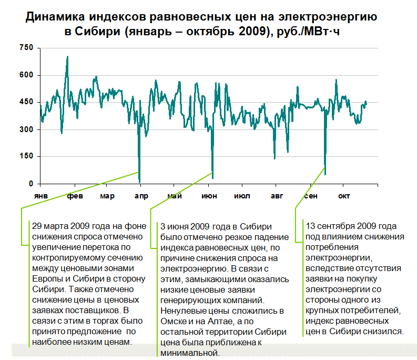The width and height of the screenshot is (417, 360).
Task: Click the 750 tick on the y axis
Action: (x=26, y=48)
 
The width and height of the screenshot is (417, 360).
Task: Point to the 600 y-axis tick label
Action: (x=26, y=75)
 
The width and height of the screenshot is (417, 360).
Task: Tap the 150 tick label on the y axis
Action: (x=26, y=156)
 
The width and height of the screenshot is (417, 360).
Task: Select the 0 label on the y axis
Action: (x=31, y=184)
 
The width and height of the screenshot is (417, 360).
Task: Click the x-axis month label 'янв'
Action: (x=41, y=196)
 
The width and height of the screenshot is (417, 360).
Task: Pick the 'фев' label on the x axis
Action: (x=75, y=196)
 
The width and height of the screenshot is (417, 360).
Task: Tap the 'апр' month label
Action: (x=141, y=196)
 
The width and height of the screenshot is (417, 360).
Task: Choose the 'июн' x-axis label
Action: (x=208, y=196)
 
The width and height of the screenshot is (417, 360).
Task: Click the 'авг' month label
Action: (x=276, y=196)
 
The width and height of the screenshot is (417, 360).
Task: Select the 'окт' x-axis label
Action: (x=343, y=196)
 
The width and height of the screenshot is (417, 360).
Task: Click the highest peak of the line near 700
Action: (x=67, y=56)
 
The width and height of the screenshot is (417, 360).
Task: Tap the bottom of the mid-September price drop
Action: (x=325, y=173)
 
